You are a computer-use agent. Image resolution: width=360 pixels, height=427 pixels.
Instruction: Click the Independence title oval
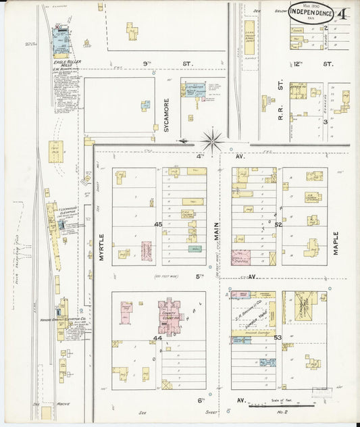click(311, 11)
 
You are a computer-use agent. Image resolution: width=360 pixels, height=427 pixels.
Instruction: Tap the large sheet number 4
click(343, 13)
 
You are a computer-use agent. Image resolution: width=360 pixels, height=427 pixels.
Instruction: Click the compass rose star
click(212, 141)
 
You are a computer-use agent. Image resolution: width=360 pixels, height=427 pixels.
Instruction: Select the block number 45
click(159, 224)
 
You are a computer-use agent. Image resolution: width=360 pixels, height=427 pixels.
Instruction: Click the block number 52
click(278, 224)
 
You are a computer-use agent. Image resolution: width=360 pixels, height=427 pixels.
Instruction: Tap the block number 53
click(278, 337)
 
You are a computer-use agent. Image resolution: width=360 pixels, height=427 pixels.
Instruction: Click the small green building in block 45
click(195, 249)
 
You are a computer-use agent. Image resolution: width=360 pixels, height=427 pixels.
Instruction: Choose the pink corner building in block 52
click(240, 257)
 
